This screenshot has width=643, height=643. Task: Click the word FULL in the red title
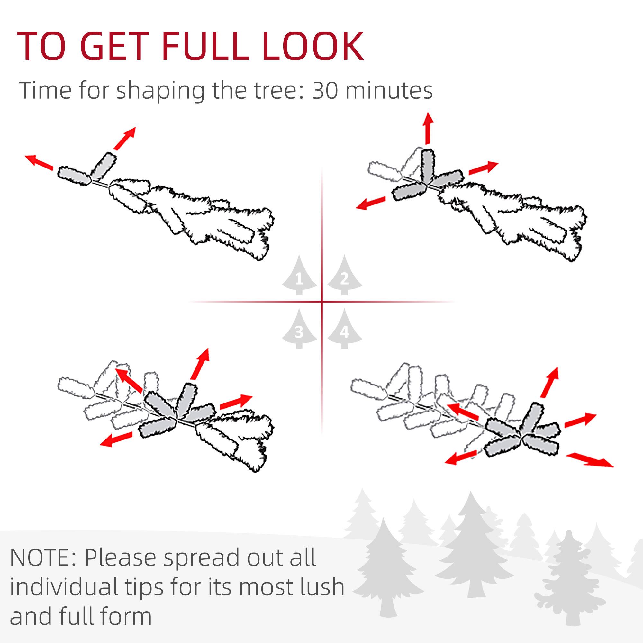click(x=205, y=47)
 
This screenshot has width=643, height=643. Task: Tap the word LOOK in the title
click(x=313, y=47)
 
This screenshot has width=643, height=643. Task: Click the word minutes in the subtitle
click(x=390, y=91)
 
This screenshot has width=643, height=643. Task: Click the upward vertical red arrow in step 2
click(x=428, y=129)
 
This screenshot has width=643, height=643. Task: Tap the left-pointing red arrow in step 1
click(x=39, y=162)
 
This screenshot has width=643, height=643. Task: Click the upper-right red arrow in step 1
click(x=124, y=138)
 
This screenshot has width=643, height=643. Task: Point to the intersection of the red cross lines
click(x=322, y=302)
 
